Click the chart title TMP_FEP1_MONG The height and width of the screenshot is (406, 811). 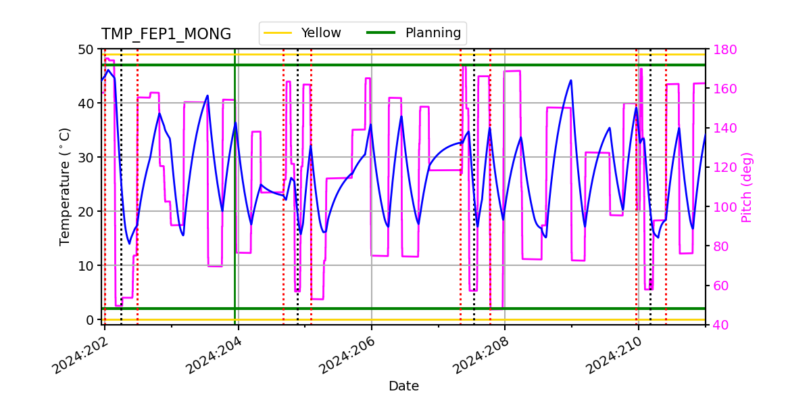click(x=166, y=35)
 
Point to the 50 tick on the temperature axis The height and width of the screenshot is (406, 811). click(x=86, y=49)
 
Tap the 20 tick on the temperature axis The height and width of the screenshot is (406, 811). click(x=86, y=211)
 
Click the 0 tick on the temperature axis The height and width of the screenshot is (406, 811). click(x=89, y=319)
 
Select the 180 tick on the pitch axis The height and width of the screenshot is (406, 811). click(x=723, y=49)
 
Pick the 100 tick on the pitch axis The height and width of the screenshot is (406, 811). click(x=723, y=207)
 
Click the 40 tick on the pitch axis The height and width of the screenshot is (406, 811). click(x=720, y=325)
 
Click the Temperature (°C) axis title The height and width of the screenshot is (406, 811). click(x=65, y=187)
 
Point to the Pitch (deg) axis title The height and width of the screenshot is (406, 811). click(x=747, y=187)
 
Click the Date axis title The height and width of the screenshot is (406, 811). click(x=403, y=386)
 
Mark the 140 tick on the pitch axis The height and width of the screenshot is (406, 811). click(x=723, y=128)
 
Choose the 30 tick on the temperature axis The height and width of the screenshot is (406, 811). click(x=86, y=157)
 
